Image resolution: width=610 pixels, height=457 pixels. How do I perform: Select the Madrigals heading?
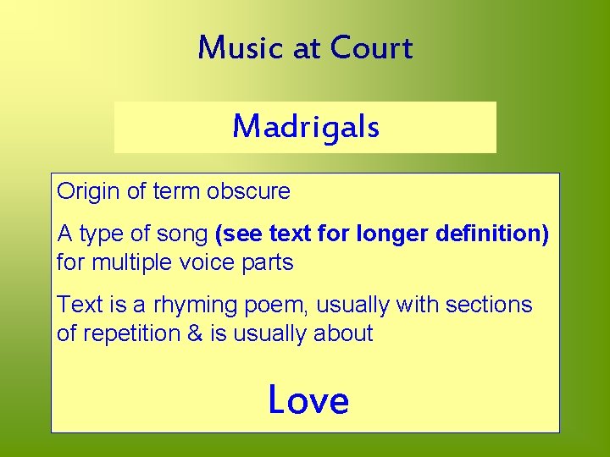click(306, 127)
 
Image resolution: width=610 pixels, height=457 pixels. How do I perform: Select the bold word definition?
click(492, 232)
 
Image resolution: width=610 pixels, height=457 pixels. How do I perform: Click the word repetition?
click(129, 333)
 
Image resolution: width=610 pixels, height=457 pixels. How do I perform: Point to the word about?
click(343, 333)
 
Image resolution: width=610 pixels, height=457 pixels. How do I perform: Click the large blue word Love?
click(308, 399)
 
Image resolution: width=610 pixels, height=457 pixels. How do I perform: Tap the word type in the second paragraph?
click(100, 234)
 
